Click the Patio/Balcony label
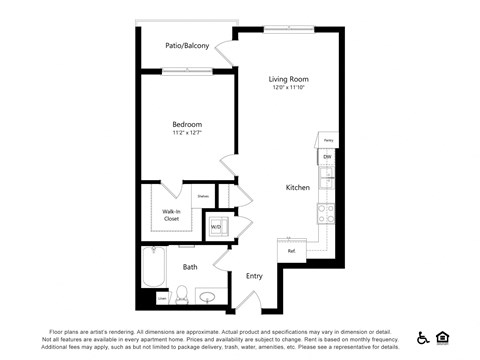[x=187, y=46]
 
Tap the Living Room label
[x=288, y=79]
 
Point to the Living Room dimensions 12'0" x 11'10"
[x=288, y=89]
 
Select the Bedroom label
[x=187, y=124]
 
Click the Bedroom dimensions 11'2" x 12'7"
[x=187, y=134]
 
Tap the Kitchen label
[x=298, y=187]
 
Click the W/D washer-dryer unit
[x=217, y=227]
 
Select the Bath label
[x=190, y=267]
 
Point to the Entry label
[x=254, y=276]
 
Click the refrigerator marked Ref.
[x=291, y=251]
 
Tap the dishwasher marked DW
[x=326, y=157]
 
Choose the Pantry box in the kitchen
[x=326, y=141]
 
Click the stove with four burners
[x=326, y=212]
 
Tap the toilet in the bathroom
[x=182, y=295]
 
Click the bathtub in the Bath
[x=154, y=267]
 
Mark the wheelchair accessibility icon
[x=423, y=338]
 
